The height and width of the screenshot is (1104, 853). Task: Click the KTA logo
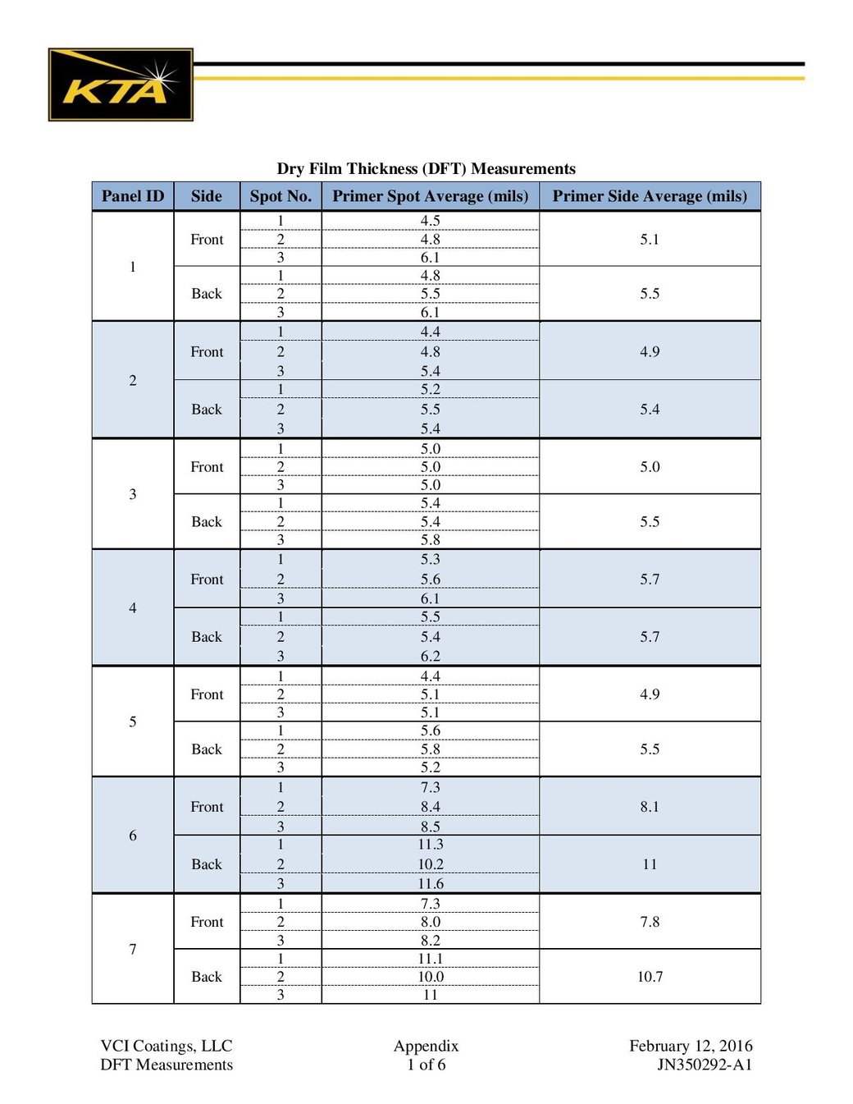coord(121,85)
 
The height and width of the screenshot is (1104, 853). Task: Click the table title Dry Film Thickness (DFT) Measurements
coord(426,168)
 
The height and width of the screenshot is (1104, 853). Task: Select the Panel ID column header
coord(133,196)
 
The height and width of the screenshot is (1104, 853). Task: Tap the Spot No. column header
coord(281,196)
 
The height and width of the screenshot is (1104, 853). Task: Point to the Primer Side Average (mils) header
coord(650,196)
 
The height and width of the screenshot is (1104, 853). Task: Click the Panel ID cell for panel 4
coord(133,607)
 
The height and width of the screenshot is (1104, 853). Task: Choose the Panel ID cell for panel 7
coord(133,949)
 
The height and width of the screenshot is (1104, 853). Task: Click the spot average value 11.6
coord(431,884)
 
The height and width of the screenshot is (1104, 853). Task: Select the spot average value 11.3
coord(431,845)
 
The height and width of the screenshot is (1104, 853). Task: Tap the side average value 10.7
coord(650,977)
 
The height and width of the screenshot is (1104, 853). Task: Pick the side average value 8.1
coord(650,807)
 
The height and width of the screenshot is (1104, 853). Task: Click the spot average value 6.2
coord(431,656)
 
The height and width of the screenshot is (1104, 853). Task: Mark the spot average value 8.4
coord(431,807)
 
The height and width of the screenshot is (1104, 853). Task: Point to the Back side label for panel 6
coord(207,864)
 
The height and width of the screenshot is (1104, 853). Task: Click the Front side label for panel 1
coord(207,239)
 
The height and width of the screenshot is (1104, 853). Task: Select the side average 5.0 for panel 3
coord(650,467)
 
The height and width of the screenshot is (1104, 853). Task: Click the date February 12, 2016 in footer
coord(691,1046)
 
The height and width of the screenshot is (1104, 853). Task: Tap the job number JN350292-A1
coord(704,1065)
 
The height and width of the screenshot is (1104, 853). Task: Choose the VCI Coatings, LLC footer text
coord(166,1046)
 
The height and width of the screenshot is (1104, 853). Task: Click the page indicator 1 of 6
coord(426,1065)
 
